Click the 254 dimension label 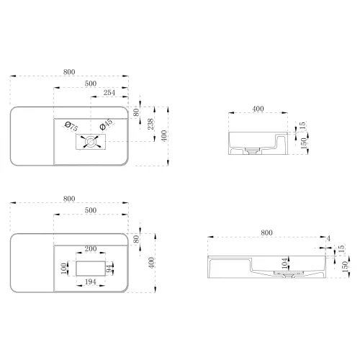pyautogui.click(x=109, y=93)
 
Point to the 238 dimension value pyautogui.click(x=150, y=124)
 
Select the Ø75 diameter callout pyautogui.click(x=71, y=127)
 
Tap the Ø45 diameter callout pyautogui.click(x=106, y=125)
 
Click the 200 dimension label pyautogui.click(x=91, y=248)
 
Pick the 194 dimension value pyautogui.click(x=91, y=282)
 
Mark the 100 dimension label pyautogui.click(x=63, y=269)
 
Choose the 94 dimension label pyautogui.click(x=109, y=269)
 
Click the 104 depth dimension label pyautogui.click(x=284, y=264)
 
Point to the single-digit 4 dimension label pyautogui.click(x=328, y=238)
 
